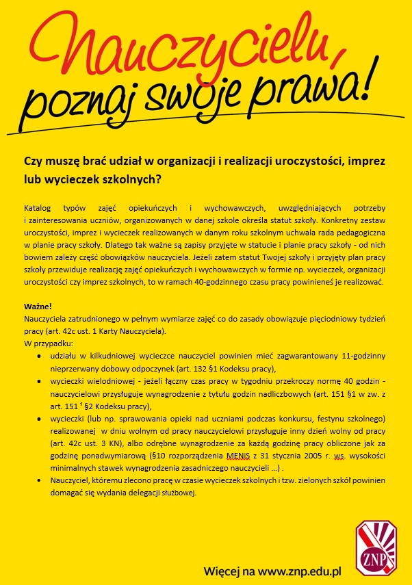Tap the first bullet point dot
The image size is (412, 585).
point(46,356)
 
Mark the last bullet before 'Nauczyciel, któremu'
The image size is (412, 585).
point(46,482)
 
